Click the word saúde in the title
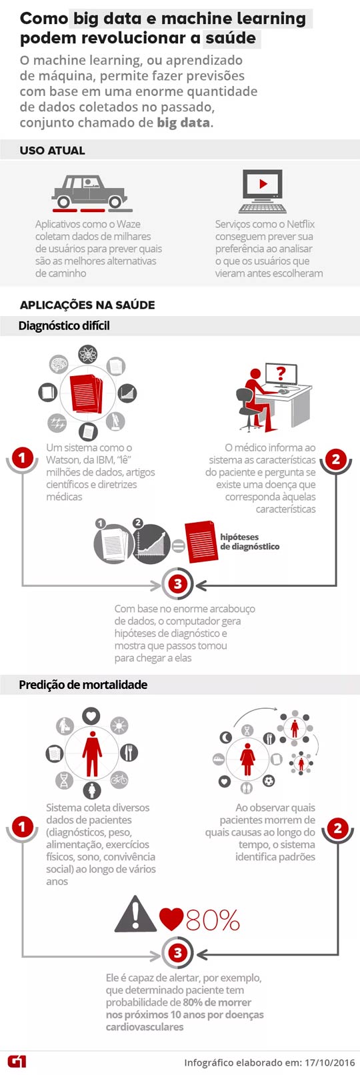coord(231,38)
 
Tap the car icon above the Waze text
coord(90,192)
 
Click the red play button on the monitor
coord(263,183)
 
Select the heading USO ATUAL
coord(52,151)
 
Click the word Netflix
coord(301,224)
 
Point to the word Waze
coord(129,224)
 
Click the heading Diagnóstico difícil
coord(64,326)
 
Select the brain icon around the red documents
coord(59,364)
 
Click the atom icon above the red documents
coord(87,355)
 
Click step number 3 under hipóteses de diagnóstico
coord(177,584)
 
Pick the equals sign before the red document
coord(178,546)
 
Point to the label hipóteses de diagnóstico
coord(249,542)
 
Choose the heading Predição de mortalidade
coord(83,685)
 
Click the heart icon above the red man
coord(91,716)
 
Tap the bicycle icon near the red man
coord(119,780)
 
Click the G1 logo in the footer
coord(17,1062)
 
